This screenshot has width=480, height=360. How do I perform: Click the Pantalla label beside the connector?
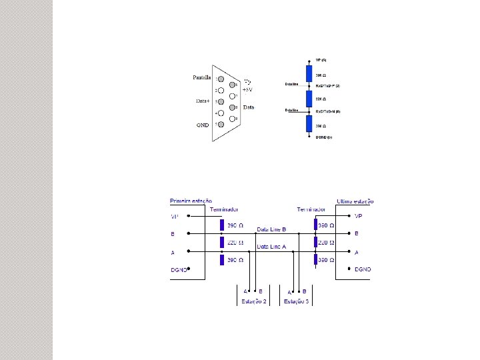pos(202,77)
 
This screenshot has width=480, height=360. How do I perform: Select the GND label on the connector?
pos(202,125)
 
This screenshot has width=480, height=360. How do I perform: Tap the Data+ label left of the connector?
pos(202,101)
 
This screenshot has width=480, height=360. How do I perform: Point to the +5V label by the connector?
pos(247,89)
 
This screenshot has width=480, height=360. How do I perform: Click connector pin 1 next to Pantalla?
pos(219,79)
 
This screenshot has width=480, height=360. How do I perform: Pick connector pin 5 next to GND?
pos(219,124)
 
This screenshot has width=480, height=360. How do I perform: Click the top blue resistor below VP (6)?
pos(309,73)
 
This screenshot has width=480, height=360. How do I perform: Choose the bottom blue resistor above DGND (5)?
pos(309,124)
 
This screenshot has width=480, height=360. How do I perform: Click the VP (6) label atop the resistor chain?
pos(321,61)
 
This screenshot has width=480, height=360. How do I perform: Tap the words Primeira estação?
pos(192,201)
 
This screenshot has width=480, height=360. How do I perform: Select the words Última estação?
pos(355,201)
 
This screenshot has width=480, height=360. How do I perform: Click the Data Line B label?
pos(271,229)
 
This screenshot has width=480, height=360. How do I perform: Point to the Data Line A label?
pos(271,247)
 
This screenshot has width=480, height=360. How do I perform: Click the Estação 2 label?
pos(253,302)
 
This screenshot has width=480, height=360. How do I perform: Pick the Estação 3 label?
pos(297,302)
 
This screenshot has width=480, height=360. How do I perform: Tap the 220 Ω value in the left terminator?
pos(236,242)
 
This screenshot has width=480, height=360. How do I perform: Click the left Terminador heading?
pos(225,209)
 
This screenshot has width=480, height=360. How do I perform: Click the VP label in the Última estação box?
pos(359,216)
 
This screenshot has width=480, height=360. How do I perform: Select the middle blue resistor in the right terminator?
pos(316,243)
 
